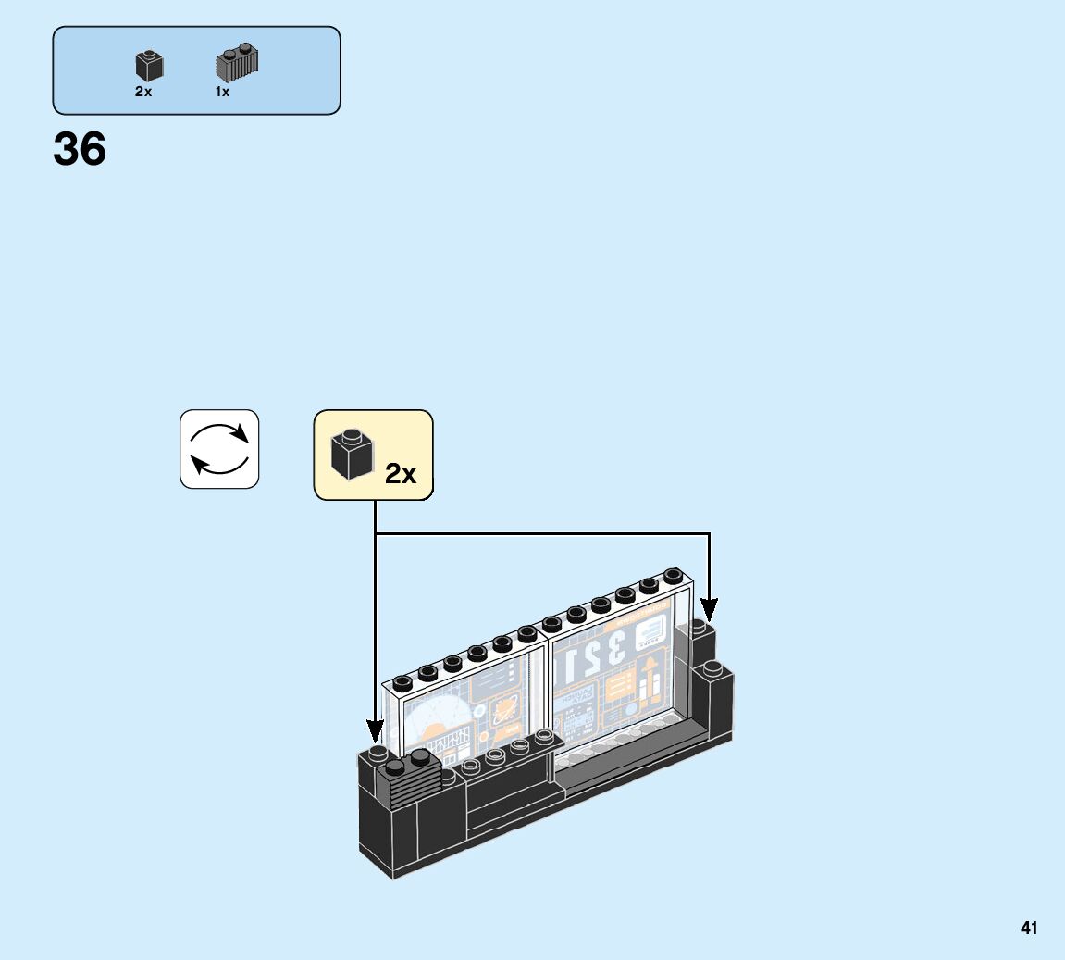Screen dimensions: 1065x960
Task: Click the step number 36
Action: pos(80,149)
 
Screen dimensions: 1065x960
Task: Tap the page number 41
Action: pos(1029,928)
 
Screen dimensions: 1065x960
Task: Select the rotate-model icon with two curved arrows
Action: pos(219,449)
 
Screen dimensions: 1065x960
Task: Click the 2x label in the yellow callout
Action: pos(401,474)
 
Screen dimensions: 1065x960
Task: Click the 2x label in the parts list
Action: pos(142,92)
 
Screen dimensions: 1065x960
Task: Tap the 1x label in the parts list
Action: pos(222,92)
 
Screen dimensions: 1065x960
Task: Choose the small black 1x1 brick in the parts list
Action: pos(149,65)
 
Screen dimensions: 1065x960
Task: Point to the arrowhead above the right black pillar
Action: pos(709,610)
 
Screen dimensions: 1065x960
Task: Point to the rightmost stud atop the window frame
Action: pos(673,577)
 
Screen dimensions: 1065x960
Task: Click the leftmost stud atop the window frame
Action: pos(402,683)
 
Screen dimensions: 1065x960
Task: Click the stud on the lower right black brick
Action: pos(712,667)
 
